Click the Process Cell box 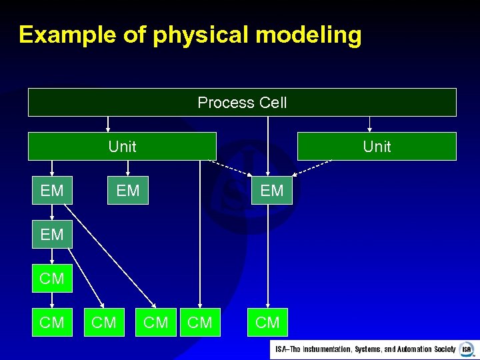[x=242, y=103]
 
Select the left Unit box [x=122, y=146]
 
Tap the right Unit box [x=377, y=146]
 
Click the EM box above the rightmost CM [x=271, y=191]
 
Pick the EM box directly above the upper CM [x=52, y=235]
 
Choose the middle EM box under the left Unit [x=128, y=191]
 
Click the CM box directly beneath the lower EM [x=52, y=279]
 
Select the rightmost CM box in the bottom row [x=267, y=323]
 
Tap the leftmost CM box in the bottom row [x=52, y=323]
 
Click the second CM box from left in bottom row [x=104, y=323]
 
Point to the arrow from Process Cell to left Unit [x=108, y=125]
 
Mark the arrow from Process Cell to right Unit [x=370, y=125]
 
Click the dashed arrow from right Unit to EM [x=311, y=167]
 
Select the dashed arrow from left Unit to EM [x=233, y=167]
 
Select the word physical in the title [x=200, y=35]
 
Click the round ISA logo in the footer [x=466, y=349]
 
